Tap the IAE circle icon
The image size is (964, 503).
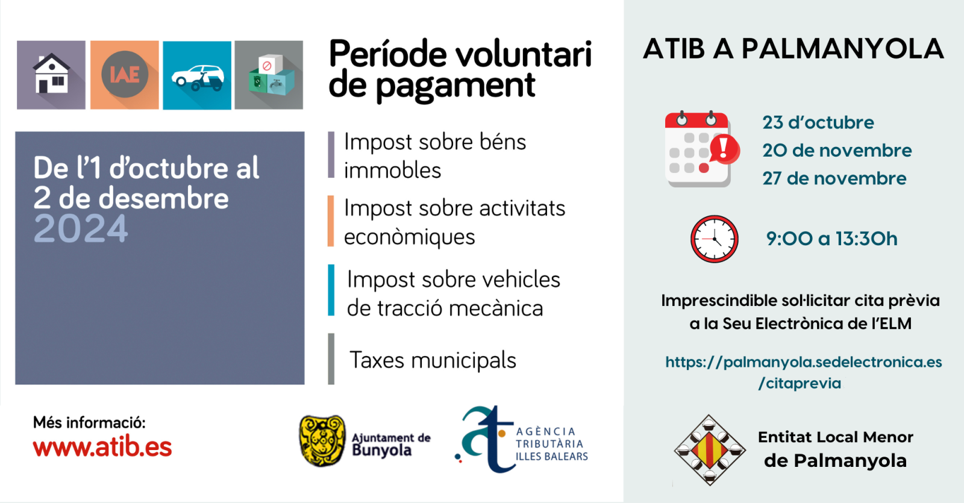(x=125, y=75)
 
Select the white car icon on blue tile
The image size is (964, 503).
(x=198, y=78)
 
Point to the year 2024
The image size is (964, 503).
(x=81, y=228)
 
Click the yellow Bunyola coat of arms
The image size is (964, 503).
(x=323, y=440)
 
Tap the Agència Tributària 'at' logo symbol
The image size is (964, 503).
(x=484, y=439)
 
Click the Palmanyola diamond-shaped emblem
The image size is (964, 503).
(x=709, y=450)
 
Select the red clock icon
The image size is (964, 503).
(x=715, y=239)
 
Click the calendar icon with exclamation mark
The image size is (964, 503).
(x=702, y=148)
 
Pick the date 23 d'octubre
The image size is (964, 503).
(x=818, y=123)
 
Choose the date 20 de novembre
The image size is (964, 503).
(x=837, y=151)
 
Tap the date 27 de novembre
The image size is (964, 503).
(x=834, y=178)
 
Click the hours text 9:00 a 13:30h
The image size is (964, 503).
(x=832, y=239)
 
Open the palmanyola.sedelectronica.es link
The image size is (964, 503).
(x=804, y=373)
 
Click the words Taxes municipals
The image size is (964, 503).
(x=433, y=360)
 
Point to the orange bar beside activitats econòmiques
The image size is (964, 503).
(x=331, y=221)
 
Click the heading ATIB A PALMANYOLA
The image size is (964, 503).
(x=793, y=49)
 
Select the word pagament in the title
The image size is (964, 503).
(x=455, y=87)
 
